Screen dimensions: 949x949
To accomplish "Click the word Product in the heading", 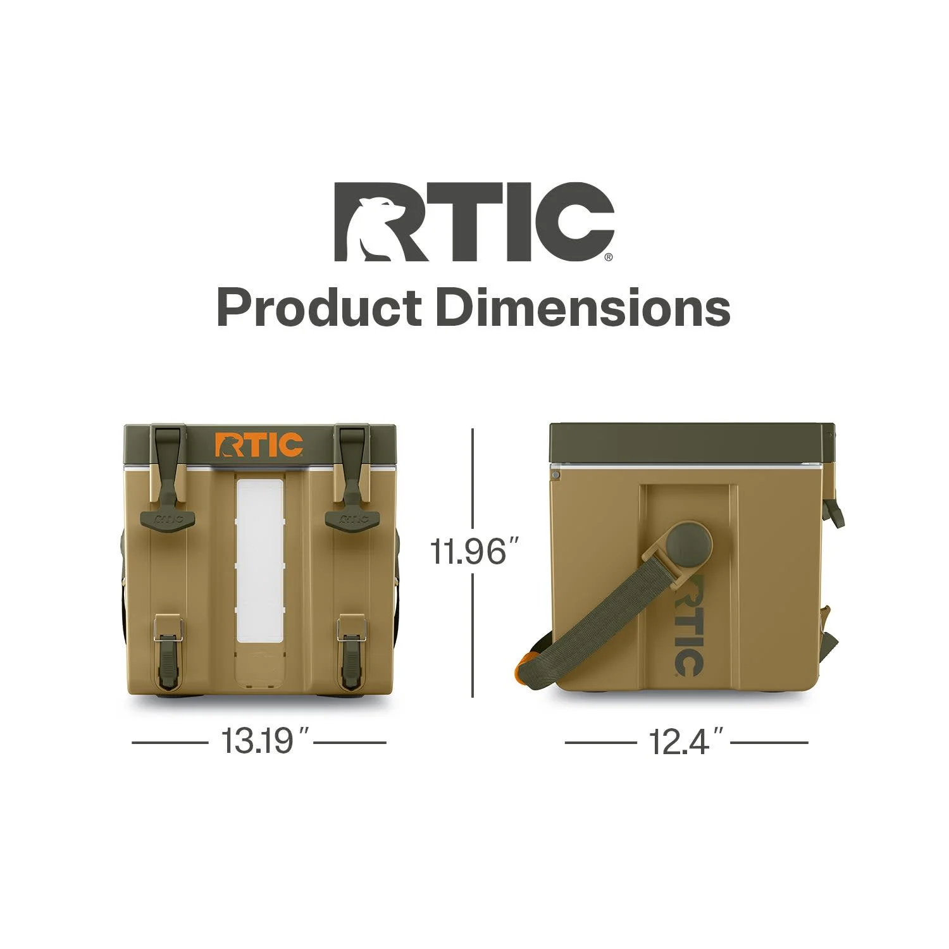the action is coord(319,308).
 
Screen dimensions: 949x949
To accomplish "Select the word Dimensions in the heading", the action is coord(583,307).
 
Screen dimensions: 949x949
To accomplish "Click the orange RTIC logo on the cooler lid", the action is coord(259,445).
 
